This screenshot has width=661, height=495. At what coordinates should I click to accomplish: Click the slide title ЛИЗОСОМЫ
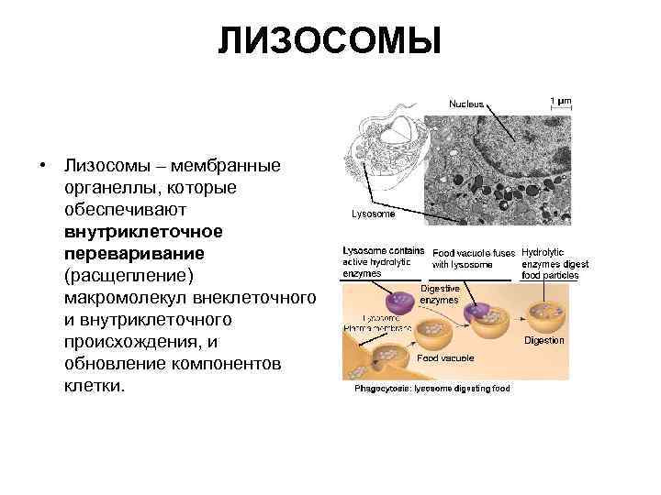point(330,41)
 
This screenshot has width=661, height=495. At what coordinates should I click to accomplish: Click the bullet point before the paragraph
point(42,166)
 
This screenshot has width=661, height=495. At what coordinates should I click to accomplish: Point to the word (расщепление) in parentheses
point(129,274)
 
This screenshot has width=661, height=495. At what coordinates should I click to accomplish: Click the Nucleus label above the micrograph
point(466,104)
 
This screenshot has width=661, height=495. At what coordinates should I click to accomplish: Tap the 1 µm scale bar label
point(560,99)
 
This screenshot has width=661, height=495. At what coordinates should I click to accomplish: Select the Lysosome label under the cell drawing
point(374,214)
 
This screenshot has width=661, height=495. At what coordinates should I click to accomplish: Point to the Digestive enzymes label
point(440,293)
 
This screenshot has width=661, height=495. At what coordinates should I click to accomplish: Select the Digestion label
point(544,340)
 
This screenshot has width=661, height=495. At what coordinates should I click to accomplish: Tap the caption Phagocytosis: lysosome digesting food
point(431,388)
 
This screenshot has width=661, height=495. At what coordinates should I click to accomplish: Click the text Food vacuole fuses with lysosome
point(474,258)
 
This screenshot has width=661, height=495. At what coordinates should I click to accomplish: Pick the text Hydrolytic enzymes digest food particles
point(555,263)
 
